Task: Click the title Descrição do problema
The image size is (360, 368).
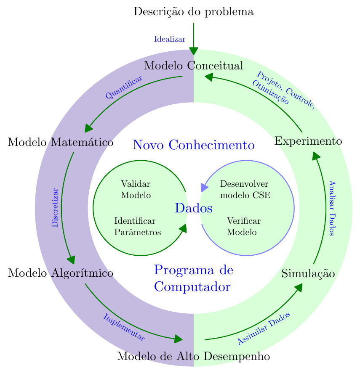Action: (193, 12)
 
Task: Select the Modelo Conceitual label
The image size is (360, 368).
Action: (193, 66)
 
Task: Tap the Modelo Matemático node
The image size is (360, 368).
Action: (61, 142)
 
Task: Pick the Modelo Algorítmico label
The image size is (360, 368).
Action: (61, 273)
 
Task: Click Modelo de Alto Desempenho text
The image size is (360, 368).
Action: (193, 357)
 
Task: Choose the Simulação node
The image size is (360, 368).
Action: (308, 274)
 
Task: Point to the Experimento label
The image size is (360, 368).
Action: (308, 141)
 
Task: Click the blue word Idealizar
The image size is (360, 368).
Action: (170, 40)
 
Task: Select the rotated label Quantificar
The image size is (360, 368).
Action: (123, 87)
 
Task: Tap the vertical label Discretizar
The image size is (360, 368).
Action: (54, 208)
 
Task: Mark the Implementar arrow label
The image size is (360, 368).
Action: (124, 327)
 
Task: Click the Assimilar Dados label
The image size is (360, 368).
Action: (264, 328)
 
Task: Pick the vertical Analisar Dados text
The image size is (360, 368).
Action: (332, 208)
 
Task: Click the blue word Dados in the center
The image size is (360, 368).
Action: (193, 208)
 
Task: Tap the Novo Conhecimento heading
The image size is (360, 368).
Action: (193, 146)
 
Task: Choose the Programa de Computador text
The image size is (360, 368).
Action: (193, 278)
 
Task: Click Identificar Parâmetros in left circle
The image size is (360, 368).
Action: (137, 227)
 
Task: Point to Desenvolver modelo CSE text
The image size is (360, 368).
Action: (245, 190)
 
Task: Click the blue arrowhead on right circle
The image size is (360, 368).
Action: (204, 187)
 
